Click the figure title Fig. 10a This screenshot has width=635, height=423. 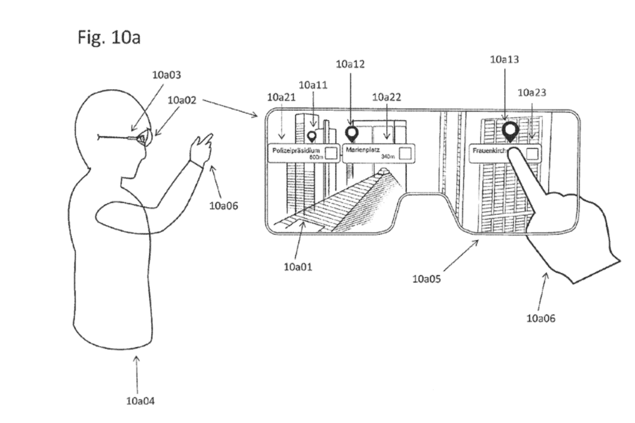pyautogui.click(x=109, y=38)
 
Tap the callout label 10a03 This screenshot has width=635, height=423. pyautogui.click(x=166, y=75)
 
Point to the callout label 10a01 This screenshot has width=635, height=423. pyautogui.click(x=297, y=266)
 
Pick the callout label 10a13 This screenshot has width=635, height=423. pyautogui.click(x=504, y=60)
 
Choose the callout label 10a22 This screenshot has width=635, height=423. pyautogui.click(x=386, y=97)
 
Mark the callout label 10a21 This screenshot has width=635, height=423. pyautogui.click(x=282, y=97)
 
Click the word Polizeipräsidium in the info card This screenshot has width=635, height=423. pyautogui.click(x=296, y=151)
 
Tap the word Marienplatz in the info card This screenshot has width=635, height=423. pyautogui.click(x=363, y=150)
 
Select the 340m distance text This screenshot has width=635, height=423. pyautogui.click(x=388, y=157)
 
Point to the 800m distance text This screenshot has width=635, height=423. pyautogui.click(x=315, y=157)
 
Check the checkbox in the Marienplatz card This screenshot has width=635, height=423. pyautogui.click(x=405, y=153)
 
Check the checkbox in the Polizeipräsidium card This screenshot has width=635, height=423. pyautogui.click(x=331, y=153)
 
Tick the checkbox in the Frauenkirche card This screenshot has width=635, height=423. pyautogui.click(x=532, y=153)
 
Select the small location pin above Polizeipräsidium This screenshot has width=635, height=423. pyautogui.click(x=312, y=136)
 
